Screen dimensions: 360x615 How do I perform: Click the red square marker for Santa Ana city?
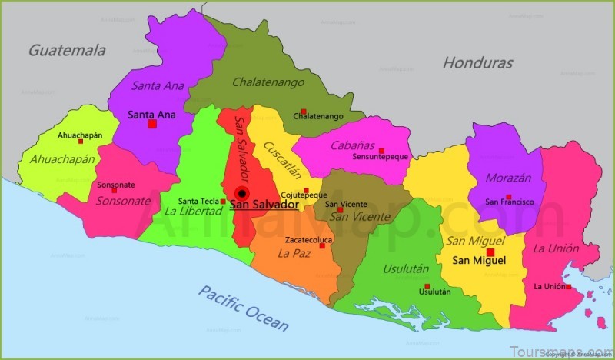152,124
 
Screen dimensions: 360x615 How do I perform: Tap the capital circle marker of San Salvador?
242,193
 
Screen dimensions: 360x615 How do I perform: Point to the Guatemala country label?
67,51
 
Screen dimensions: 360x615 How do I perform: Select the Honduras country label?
477,63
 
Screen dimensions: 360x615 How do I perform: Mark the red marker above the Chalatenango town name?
304,111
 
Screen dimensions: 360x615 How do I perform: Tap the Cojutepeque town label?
304,195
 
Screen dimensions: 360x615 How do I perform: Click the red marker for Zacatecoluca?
322,245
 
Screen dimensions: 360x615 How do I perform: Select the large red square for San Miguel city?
490,252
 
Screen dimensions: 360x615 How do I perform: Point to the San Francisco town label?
509,202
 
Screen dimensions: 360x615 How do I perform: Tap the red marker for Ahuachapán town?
81,142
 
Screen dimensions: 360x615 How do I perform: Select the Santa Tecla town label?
199,202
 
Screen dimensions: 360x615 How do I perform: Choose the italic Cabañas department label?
353,145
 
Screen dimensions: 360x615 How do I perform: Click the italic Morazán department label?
510,178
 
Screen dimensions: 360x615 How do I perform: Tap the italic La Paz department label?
294,252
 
